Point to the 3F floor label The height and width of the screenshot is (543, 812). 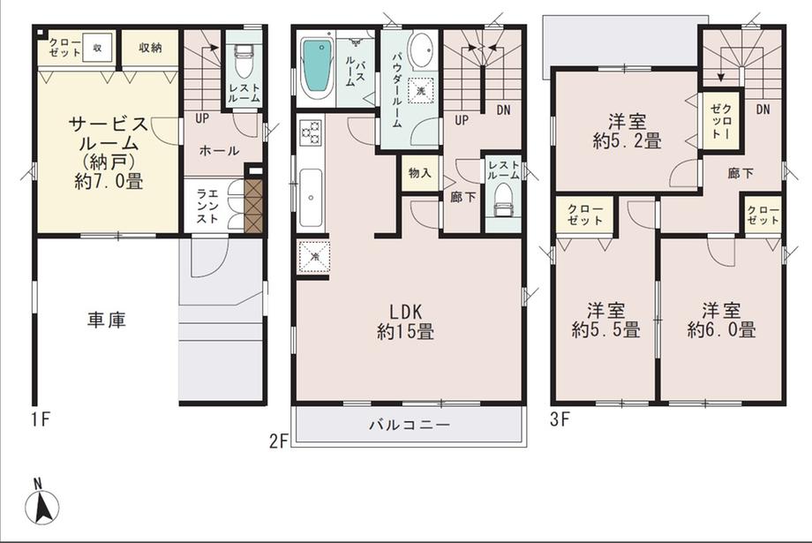click(x=560, y=420)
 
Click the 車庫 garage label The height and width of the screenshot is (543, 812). click(x=106, y=320)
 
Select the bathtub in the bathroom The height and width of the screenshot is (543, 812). click(x=316, y=68)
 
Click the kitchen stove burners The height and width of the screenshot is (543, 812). click(x=311, y=132)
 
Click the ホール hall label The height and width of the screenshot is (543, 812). click(x=219, y=151)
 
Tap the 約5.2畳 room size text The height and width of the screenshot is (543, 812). click(x=628, y=140)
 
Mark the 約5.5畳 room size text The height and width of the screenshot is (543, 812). click(x=605, y=330)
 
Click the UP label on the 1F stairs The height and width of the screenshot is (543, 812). click(x=201, y=117)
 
